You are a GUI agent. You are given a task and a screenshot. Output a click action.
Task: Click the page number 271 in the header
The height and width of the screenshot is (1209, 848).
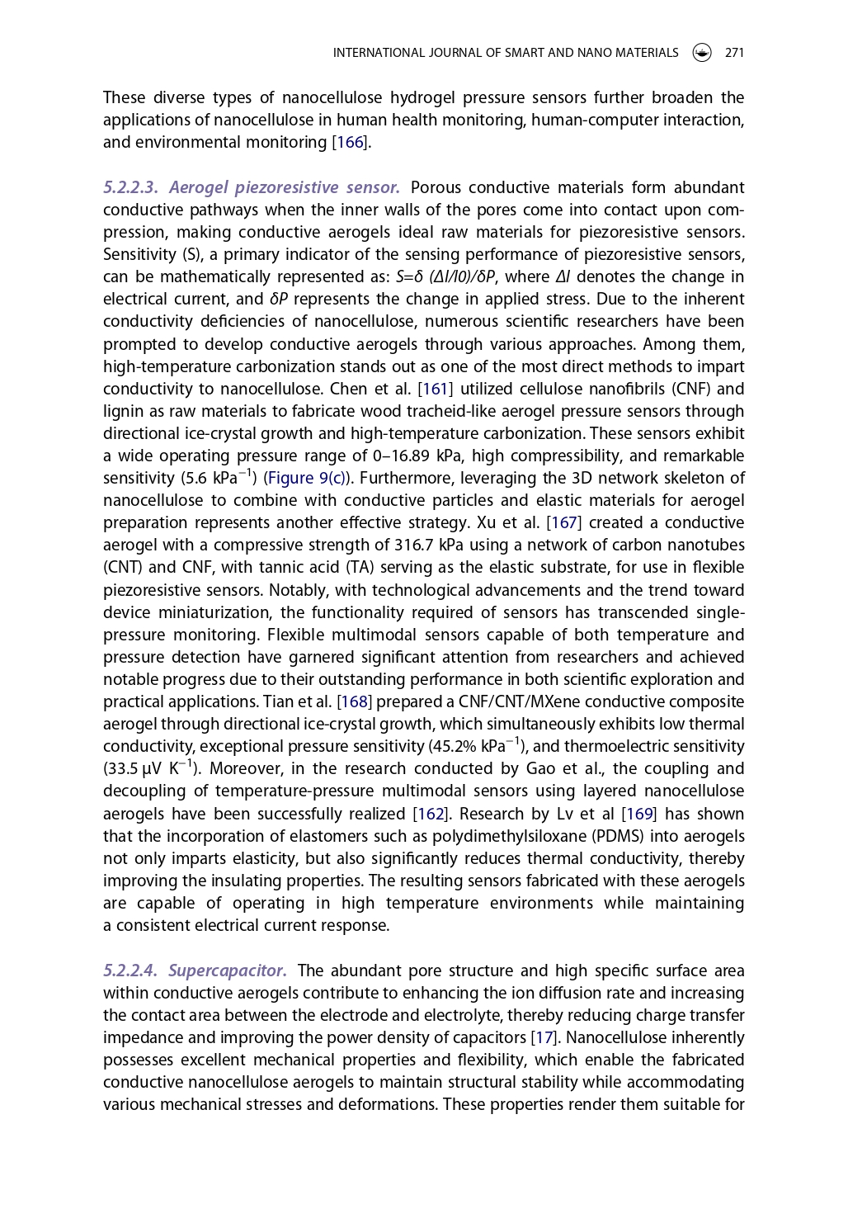pyautogui.click(x=734, y=53)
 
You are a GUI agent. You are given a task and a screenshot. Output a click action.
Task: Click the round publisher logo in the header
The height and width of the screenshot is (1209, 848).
pyautogui.click(x=702, y=53)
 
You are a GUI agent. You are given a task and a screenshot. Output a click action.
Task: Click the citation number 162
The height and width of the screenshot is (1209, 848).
pyautogui.click(x=431, y=815)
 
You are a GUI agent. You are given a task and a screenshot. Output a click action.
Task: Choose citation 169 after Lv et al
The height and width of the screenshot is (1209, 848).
pyautogui.click(x=640, y=815)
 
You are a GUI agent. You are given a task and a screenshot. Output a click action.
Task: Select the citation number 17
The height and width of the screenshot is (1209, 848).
pyautogui.click(x=543, y=1038)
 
